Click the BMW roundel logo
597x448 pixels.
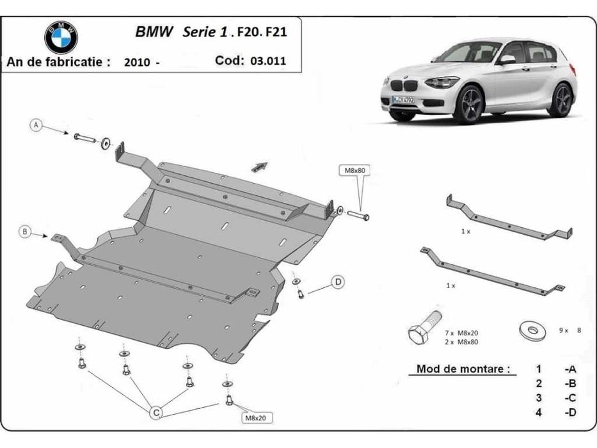[x=61, y=36]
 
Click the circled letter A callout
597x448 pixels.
[x=37, y=125]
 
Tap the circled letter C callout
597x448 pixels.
[x=155, y=413]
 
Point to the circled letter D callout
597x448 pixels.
[x=337, y=282]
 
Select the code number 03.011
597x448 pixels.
[x=269, y=61]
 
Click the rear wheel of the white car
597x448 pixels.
[x=562, y=100]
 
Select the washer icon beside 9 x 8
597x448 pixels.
[x=530, y=329]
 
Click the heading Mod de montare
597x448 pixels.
[x=463, y=369]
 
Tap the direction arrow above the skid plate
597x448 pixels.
[x=259, y=166]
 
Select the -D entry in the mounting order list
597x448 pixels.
[x=569, y=412]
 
